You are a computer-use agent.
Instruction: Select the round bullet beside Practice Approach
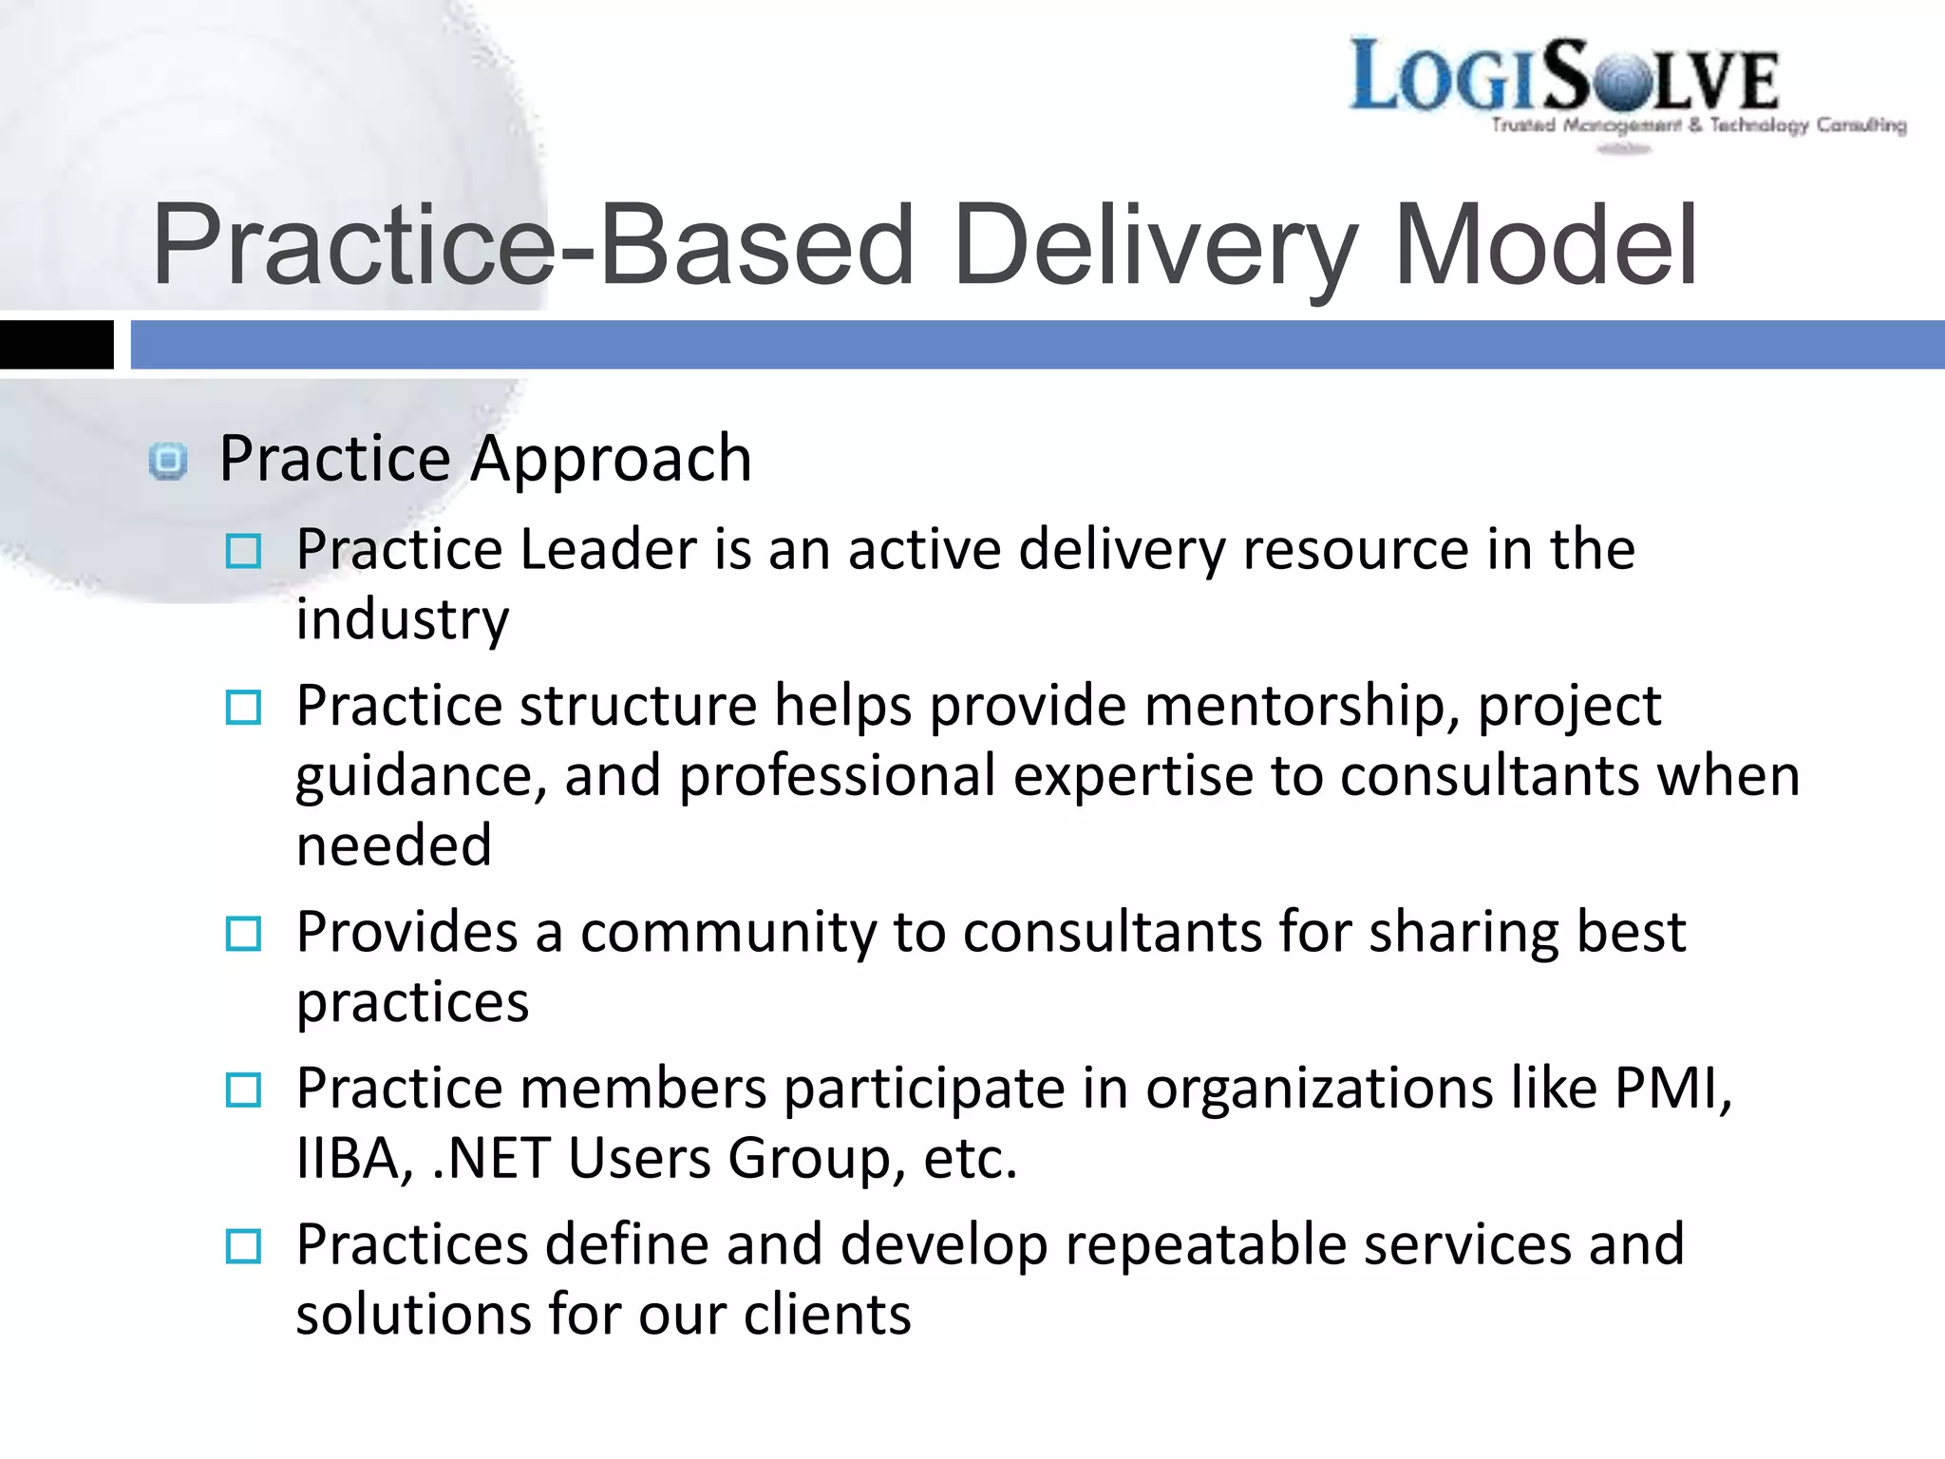click(x=169, y=462)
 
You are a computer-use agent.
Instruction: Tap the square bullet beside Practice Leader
click(x=243, y=551)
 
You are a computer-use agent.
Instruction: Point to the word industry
click(x=403, y=619)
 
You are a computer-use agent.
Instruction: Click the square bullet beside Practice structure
click(x=243, y=708)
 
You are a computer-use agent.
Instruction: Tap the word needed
click(x=394, y=845)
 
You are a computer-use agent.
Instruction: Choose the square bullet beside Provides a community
click(x=243, y=934)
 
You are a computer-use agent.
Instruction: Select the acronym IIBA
click(x=354, y=1159)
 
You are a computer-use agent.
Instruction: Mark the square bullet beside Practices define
click(x=243, y=1246)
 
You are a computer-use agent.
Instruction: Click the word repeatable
click(x=1205, y=1244)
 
